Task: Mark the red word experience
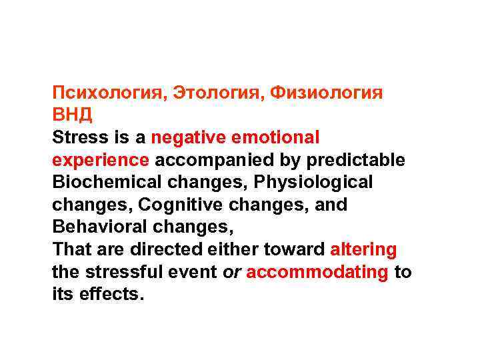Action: point(101,161)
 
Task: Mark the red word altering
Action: point(363,250)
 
